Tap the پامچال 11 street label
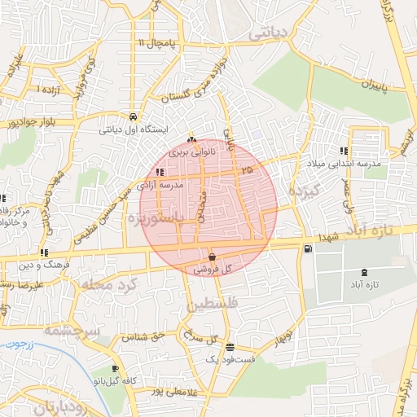[x=156, y=42]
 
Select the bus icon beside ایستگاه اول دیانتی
[x=133, y=116]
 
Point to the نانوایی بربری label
[x=192, y=151]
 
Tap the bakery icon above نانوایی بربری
[x=192, y=138]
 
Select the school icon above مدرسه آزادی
[x=160, y=172]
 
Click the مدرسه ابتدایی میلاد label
[x=374, y=164]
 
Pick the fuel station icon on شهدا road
[x=307, y=249]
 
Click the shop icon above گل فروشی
[x=212, y=256]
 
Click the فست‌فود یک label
[x=232, y=358]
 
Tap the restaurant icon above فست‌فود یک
[x=229, y=346]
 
